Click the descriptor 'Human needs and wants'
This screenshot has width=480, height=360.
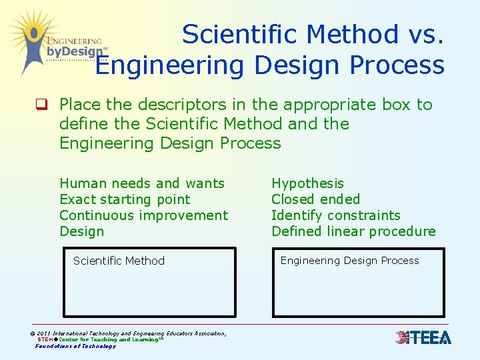[x=142, y=183]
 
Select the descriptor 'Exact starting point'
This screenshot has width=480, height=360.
[x=125, y=199]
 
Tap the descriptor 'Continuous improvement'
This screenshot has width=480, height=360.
[x=143, y=215]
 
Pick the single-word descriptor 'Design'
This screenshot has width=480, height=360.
[x=82, y=231]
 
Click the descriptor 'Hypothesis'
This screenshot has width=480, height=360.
[x=307, y=183]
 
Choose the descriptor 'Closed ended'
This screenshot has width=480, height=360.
[x=315, y=199]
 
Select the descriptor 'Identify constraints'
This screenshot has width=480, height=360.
[x=335, y=215]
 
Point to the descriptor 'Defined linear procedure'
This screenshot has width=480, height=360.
[x=353, y=231]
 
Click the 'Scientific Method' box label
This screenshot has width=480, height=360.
[x=119, y=261]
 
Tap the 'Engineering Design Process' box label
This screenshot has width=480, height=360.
[x=349, y=261]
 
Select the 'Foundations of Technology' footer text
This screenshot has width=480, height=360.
[x=75, y=346]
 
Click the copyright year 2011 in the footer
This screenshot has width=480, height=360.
[x=44, y=333]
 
